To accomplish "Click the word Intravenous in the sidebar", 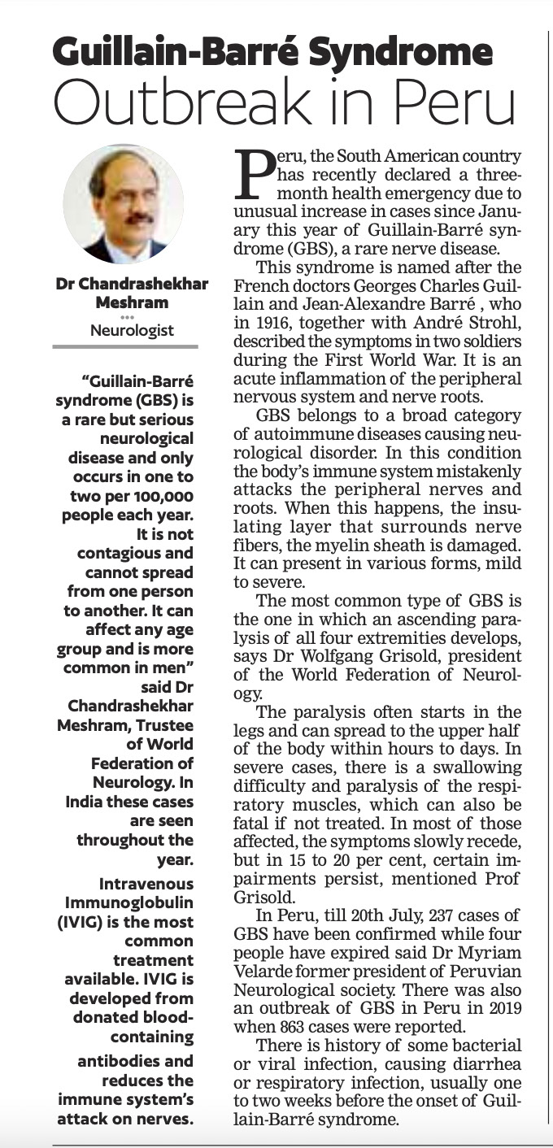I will point(146,884).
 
